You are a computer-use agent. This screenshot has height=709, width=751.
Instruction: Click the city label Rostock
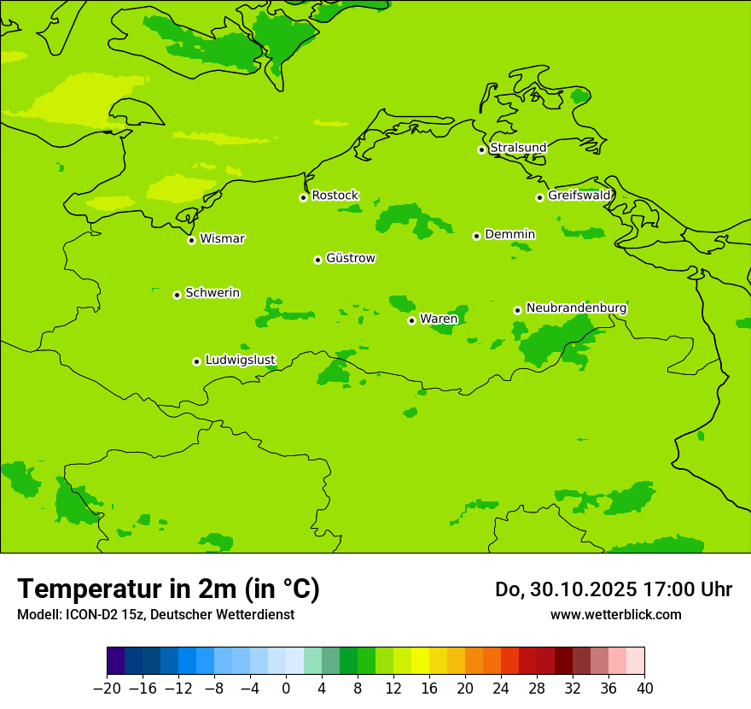tap(335, 196)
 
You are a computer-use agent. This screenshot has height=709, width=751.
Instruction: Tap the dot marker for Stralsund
tap(481, 149)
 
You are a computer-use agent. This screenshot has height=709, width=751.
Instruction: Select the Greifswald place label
tap(579, 196)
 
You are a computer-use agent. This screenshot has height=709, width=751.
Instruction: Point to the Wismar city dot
tap(191, 240)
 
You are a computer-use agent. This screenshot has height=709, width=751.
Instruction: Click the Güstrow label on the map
tap(351, 258)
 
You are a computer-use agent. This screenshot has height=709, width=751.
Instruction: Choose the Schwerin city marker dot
tap(177, 295)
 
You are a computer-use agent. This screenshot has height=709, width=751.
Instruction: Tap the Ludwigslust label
tap(241, 360)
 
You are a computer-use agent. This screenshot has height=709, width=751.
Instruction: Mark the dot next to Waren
tap(411, 320)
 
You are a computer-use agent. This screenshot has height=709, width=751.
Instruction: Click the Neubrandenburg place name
tap(576, 308)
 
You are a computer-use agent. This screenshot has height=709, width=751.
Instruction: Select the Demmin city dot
tap(476, 236)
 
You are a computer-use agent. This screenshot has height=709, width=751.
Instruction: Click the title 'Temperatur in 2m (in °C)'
tap(169, 589)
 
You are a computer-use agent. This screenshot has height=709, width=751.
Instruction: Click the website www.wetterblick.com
tap(615, 614)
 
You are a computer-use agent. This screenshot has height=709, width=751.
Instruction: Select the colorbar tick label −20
tap(107, 688)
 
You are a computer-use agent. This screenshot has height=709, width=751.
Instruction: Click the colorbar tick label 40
tap(644, 688)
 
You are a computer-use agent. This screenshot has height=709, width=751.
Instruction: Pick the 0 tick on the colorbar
tap(286, 688)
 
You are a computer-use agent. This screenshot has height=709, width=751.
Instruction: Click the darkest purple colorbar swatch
tap(115, 661)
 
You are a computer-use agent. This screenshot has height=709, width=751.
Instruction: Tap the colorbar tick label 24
tap(501, 688)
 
